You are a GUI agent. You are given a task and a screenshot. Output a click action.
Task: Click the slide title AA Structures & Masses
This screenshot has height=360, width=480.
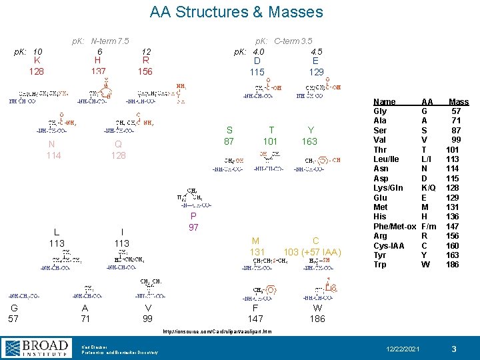click(237, 12)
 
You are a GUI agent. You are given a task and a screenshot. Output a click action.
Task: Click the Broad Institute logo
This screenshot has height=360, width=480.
click(37, 347)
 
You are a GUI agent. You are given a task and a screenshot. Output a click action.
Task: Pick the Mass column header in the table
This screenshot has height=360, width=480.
click(459, 102)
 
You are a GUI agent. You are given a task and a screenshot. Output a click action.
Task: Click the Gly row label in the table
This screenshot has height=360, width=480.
click(380, 111)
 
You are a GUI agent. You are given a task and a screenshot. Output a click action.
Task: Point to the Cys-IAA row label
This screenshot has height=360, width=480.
click(389, 246)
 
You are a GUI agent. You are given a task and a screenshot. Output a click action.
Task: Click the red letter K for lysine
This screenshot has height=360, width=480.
click(37, 61)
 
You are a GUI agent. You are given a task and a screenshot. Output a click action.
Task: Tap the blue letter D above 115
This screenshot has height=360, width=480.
click(257, 61)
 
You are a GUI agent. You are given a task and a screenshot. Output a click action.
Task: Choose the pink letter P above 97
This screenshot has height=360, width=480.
click(193, 217)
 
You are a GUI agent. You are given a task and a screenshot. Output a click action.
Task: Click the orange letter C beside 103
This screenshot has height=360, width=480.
click(316, 241)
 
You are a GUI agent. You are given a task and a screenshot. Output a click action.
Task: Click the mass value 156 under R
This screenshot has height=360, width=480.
click(145, 72)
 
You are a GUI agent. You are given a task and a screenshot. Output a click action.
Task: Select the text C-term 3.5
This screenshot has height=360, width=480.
click(293, 41)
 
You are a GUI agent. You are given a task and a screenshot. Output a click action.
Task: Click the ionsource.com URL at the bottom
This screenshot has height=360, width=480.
click(230, 331)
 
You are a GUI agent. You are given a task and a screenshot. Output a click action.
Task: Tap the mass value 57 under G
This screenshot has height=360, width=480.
click(13, 319)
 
